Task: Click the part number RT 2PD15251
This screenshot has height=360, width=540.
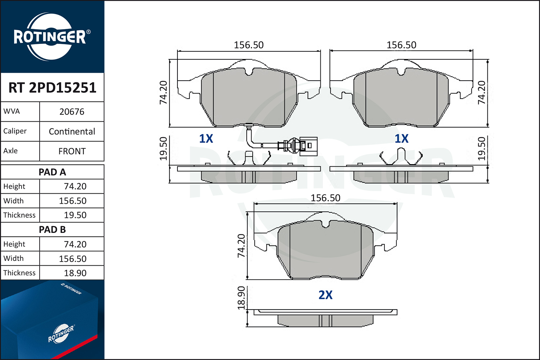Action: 52,87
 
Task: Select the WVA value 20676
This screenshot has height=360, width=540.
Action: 72,112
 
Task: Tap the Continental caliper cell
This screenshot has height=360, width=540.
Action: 72,131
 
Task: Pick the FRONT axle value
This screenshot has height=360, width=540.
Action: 72,151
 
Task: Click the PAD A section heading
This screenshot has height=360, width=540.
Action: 52,172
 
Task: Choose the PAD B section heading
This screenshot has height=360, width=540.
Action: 52,230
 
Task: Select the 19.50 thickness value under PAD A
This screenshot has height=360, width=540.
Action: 75,215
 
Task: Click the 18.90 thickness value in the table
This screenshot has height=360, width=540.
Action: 75,273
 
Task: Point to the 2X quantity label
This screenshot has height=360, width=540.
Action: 325,295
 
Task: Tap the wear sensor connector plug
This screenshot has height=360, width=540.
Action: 308,146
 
